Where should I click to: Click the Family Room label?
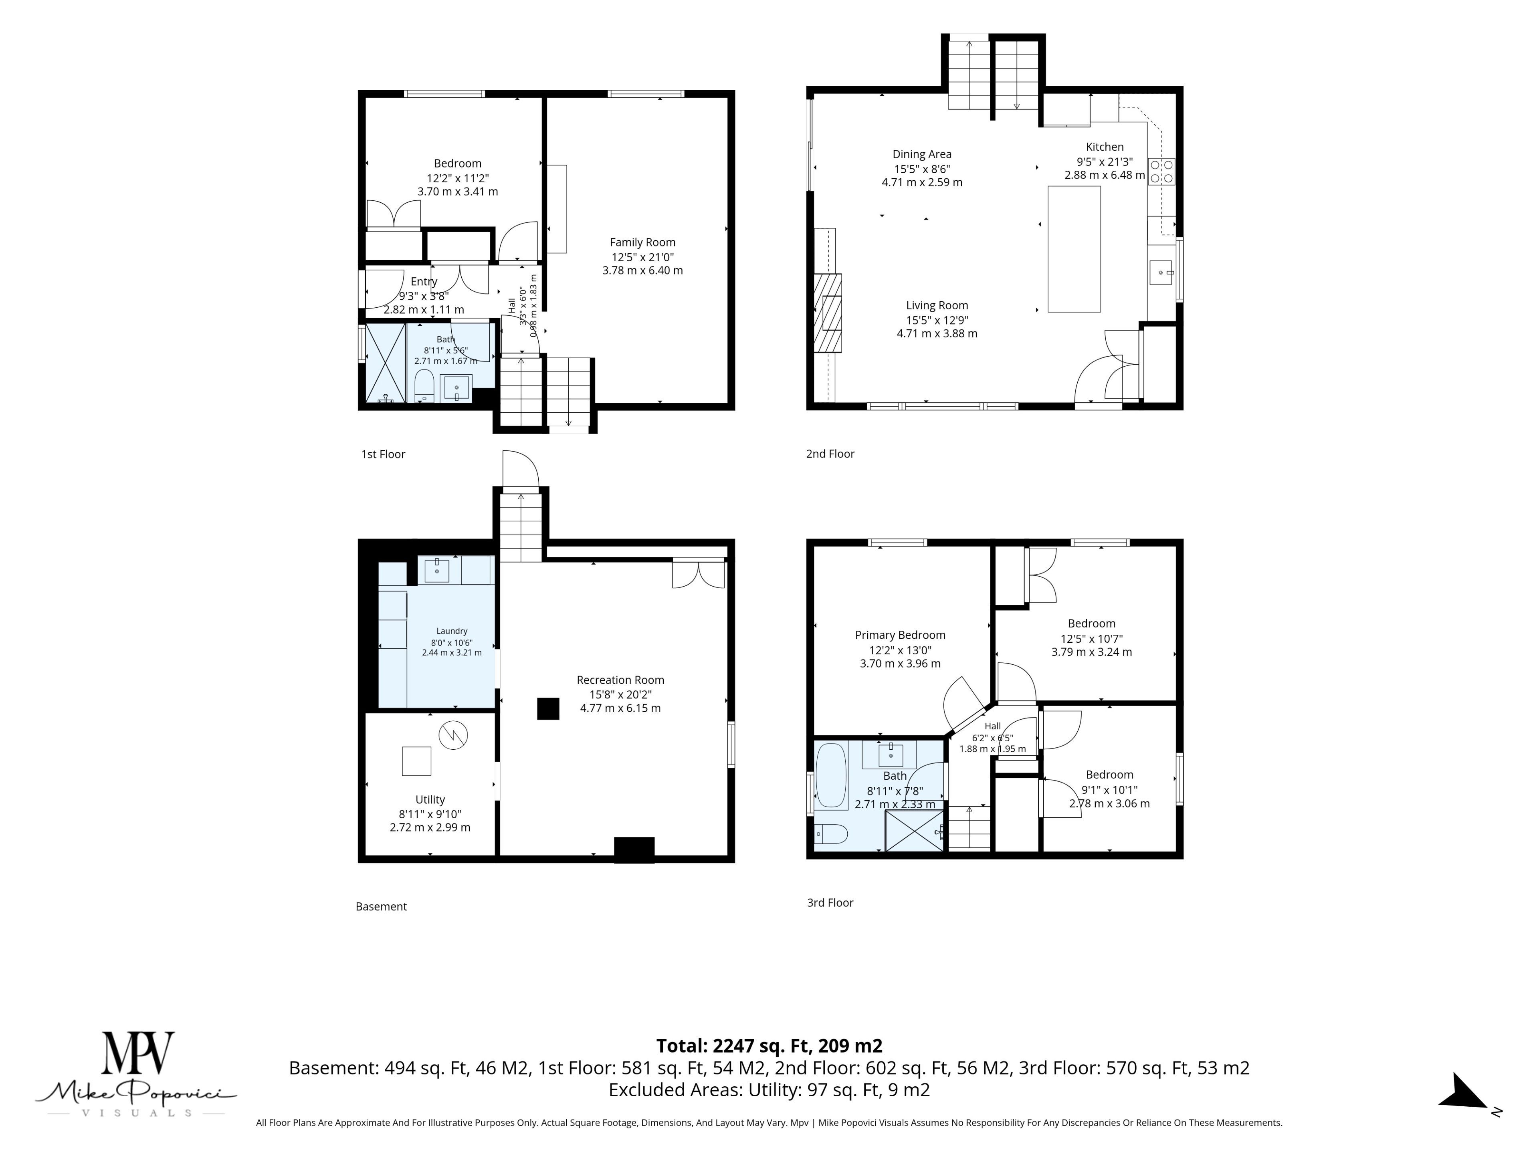pos(642,242)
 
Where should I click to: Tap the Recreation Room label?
pos(620,680)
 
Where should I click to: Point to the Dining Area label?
pos(922,154)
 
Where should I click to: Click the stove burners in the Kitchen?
pos(1161,171)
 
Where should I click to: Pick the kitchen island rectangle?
pos(1074,249)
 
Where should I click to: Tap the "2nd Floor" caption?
pos(830,454)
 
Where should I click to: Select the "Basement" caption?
pos(381,906)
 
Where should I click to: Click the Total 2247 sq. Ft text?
pos(769,1045)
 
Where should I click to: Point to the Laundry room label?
pos(452,631)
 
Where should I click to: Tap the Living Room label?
pos(937,305)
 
